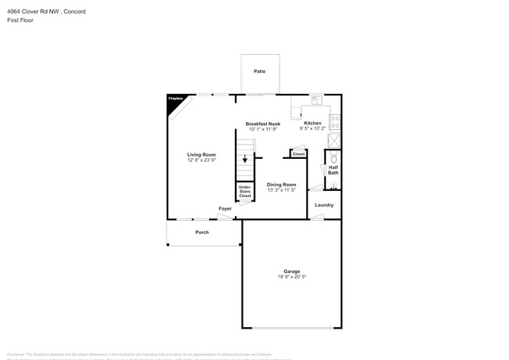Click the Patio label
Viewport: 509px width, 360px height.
tap(259, 71)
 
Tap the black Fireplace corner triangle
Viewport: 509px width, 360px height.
tap(174, 101)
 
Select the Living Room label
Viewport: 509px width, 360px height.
tap(201, 154)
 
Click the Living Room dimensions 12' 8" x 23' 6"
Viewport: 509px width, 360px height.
tap(201, 160)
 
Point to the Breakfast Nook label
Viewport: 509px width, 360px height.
tap(263, 124)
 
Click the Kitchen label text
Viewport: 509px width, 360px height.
tap(312, 123)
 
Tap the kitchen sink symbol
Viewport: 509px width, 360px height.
tap(316, 100)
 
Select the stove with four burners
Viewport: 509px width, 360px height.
tap(335, 122)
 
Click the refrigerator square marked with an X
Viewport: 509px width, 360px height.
tap(334, 140)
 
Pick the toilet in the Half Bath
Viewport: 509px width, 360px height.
tap(334, 157)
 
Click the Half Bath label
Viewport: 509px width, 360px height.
tap(333, 170)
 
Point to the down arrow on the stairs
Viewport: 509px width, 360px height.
tap(245, 159)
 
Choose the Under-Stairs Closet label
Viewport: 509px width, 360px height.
tap(245, 190)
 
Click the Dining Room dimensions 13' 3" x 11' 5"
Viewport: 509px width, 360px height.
tap(281, 189)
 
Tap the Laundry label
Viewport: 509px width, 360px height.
tap(324, 205)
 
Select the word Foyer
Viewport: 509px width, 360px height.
tap(225, 209)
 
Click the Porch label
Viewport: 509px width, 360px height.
tap(202, 232)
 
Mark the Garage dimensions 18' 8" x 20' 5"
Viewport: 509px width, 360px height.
tap(291, 276)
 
